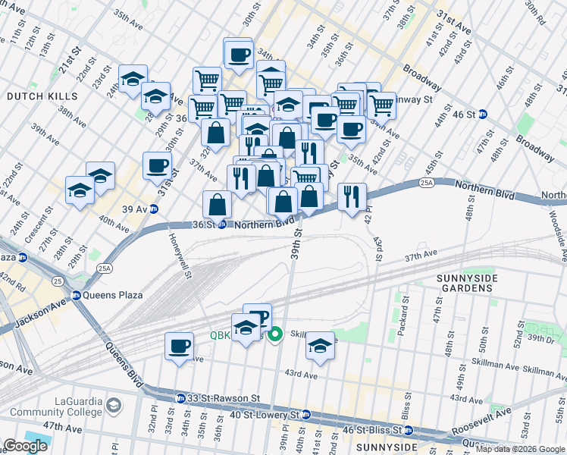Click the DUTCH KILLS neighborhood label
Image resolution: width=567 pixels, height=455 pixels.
tap(42, 96)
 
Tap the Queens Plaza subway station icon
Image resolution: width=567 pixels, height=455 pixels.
tap(76, 296)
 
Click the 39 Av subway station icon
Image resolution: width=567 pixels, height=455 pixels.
tap(154, 209)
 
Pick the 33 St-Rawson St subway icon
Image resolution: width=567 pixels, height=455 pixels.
tap(180, 398)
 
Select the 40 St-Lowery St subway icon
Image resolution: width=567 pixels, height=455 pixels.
tap(305, 415)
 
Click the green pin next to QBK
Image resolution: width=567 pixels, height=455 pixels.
tap(277, 332)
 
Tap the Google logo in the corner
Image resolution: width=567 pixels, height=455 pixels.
tap(25, 446)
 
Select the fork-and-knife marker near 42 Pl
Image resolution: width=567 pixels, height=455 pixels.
tap(351, 196)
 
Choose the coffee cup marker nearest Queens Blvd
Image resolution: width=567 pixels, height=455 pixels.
tap(179, 347)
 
